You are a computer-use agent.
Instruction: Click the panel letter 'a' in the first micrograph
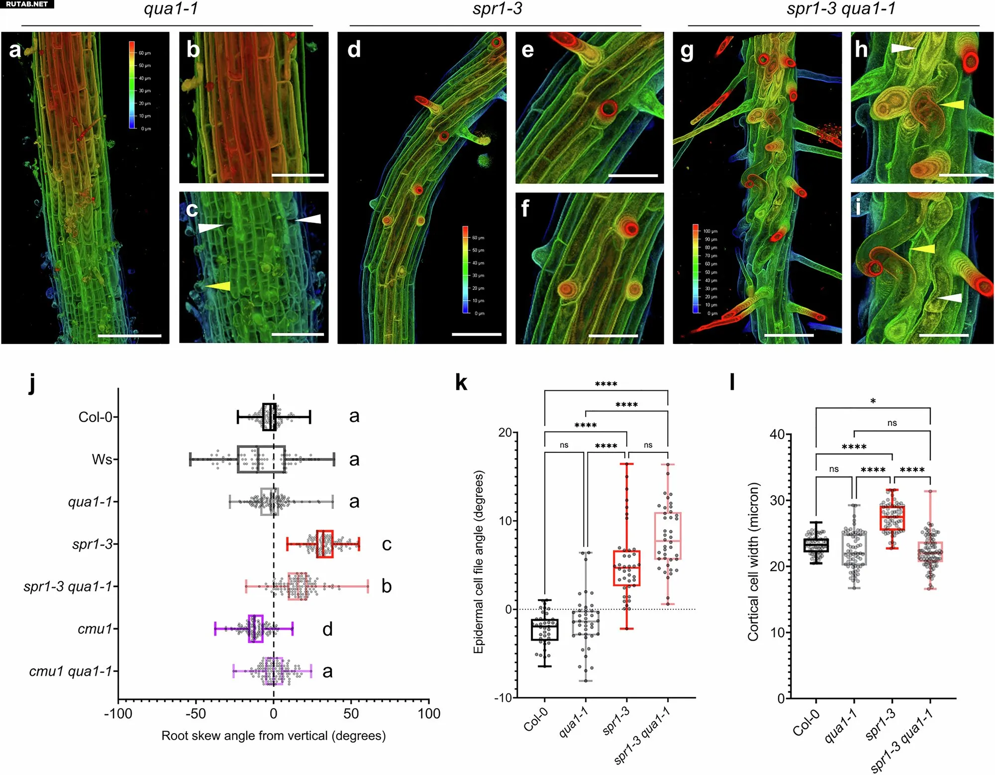pos(15,50)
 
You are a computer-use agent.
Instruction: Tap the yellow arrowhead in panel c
pos(219,286)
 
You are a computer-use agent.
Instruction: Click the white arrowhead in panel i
pos(950,298)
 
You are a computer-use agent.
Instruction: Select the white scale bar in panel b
pos(298,175)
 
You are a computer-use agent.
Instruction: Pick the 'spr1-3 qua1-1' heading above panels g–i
pos(841,9)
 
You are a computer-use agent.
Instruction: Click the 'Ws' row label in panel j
pos(102,459)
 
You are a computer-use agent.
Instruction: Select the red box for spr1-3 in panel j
pos(325,544)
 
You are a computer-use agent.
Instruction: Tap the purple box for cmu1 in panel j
pos(256,629)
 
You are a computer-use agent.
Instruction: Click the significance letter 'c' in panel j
pos(387,544)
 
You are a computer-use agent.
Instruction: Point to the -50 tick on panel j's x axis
pos(196,714)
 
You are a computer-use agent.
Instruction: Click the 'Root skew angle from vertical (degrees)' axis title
pos(273,736)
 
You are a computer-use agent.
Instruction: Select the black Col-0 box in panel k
pos(545,630)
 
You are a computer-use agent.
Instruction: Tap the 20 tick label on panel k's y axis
pos(505,433)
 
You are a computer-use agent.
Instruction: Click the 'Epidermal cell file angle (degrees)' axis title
pos(479,562)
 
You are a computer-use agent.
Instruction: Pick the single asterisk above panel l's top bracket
pos(873,401)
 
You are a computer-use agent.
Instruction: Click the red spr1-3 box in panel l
pos(892,518)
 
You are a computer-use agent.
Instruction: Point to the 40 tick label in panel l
pos(777,435)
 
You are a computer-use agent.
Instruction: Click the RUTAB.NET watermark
pos(27,4)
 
